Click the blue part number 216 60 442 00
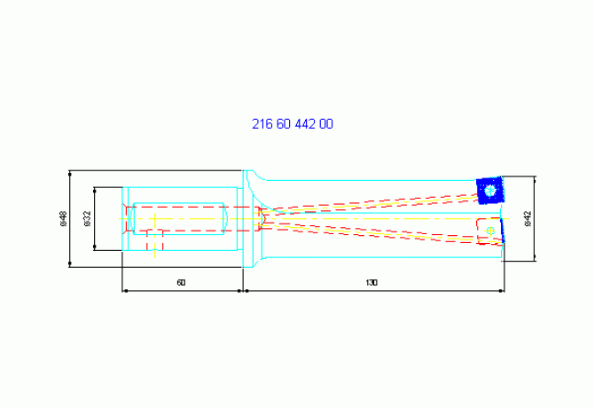click(293, 124)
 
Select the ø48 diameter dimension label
click(63, 219)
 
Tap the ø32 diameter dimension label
click(88, 219)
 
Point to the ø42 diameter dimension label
click(528, 219)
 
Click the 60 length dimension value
click(181, 283)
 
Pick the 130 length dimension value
click(371, 283)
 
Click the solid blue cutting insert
click(490, 190)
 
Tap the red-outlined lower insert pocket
click(489, 231)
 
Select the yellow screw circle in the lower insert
click(490, 231)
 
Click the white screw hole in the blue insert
click(490, 190)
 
